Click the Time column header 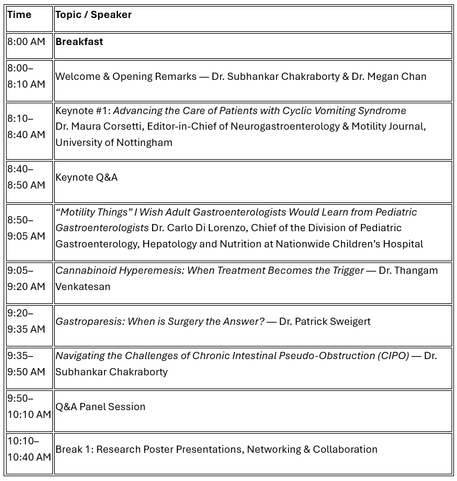[x=19, y=15]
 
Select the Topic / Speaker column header [x=93, y=15]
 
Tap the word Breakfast [x=79, y=42]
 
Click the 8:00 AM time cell [x=26, y=42]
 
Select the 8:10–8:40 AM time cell [x=26, y=127]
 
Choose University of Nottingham [x=114, y=143]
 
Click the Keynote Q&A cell [x=87, y=178]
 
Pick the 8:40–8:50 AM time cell [x=26, y=177]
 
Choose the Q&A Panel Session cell [x=100, y=407]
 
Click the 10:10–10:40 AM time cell [x=29, y=449]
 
